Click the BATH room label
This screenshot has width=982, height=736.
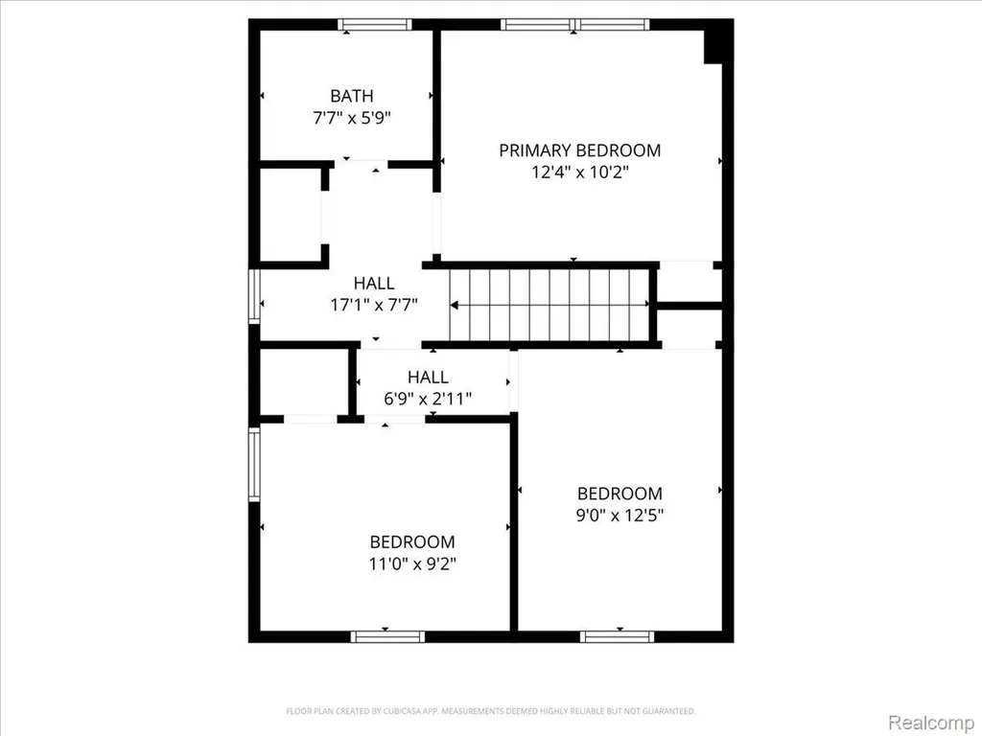click(352, 96)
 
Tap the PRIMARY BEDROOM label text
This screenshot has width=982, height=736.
click(579, 150)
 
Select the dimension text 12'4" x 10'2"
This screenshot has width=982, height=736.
click(580, 172)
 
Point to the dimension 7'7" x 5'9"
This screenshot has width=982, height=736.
click(352, 117)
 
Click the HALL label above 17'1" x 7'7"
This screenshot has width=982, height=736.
click(374, 283)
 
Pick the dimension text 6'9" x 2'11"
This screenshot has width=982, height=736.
click(428, 398)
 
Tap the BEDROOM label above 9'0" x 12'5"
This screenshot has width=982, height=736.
click(620, 494)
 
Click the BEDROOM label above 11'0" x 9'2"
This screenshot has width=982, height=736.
click(412, 542)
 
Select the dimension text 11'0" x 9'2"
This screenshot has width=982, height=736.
click(412, 563)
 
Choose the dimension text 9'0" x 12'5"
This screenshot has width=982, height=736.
click(620, 515)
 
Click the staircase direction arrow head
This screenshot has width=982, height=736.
click(455, 306)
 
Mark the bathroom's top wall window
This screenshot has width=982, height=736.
click(375, 24)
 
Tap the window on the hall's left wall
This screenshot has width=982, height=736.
click(253, 296)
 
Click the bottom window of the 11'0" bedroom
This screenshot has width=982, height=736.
click(387, 637)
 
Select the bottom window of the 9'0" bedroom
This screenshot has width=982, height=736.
click(617, 637)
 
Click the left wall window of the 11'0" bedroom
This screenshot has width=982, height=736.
click(253, 465)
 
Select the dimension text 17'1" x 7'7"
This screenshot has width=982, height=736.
click(374, 305)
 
